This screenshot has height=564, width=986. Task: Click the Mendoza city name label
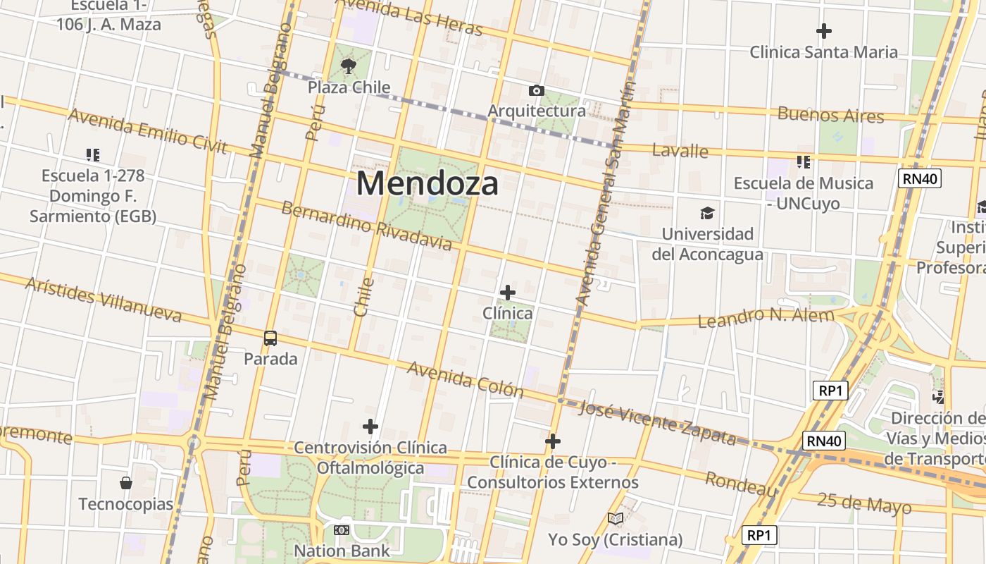pos(428,183)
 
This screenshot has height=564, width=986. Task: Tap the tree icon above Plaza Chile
pos(348,67)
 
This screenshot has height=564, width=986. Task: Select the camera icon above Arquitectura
pos(536,91)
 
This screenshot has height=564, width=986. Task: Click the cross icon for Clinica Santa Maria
pos(823,31)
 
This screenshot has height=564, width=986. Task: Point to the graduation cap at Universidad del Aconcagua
pos(707,213)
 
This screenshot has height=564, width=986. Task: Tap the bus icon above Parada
pos(270,338)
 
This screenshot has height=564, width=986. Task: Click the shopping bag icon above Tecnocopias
pos(125,483)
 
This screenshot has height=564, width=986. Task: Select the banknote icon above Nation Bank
pos(342,529)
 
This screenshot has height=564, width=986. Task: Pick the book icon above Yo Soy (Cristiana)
pos(616,519)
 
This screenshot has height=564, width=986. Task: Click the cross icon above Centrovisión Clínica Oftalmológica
pos(370,427)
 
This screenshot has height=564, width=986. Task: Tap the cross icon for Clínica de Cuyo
pos(553,441)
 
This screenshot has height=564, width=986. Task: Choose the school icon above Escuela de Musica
pos(804,162)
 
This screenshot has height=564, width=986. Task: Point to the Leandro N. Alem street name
pos(766,317)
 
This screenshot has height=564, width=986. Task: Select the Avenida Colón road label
pos(465,380)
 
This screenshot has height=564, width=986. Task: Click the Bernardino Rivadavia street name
pos(366,226)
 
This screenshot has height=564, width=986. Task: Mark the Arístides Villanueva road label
pos(104,300)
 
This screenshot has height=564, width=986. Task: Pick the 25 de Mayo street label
pos(864,503)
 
